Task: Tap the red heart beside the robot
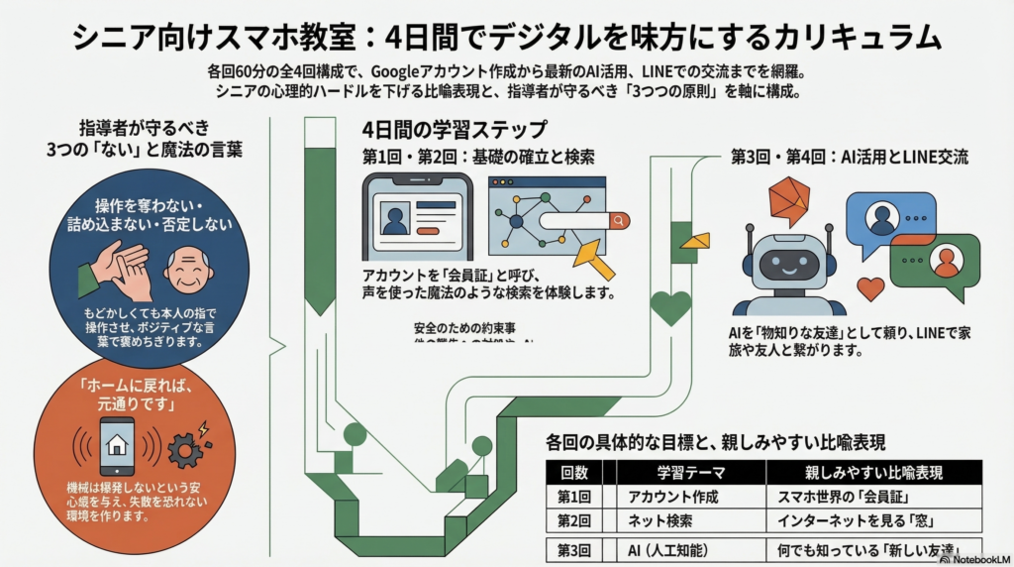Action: pos(870,288)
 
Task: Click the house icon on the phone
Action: pos(116,444)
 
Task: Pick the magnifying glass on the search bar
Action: pos(619,220)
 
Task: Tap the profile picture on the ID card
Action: pos(395,218)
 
